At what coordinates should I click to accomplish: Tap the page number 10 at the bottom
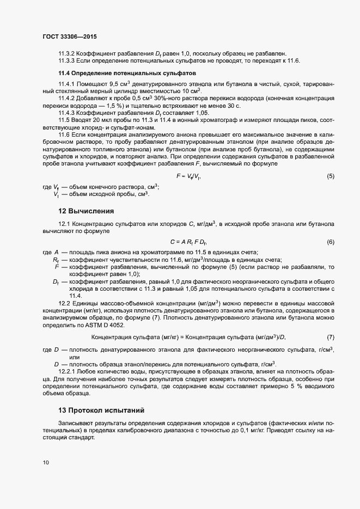[x=45, y=463]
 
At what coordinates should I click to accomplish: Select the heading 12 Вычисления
[x=86, y=211]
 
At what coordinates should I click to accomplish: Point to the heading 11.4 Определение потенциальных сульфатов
[x=123, y=73]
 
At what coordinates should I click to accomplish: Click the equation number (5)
[x=331, y=176]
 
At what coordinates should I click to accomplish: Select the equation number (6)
[x=331, y=241]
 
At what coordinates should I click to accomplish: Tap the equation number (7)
[x=331, y=338]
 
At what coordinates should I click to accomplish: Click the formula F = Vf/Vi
[x=189, y=176]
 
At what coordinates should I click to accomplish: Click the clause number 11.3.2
[x=68, y=53]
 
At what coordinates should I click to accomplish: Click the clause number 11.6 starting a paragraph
[x=65, y=134]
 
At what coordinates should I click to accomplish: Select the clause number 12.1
[x=65, y=223]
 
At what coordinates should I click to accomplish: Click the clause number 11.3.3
[x=68, y=60]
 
